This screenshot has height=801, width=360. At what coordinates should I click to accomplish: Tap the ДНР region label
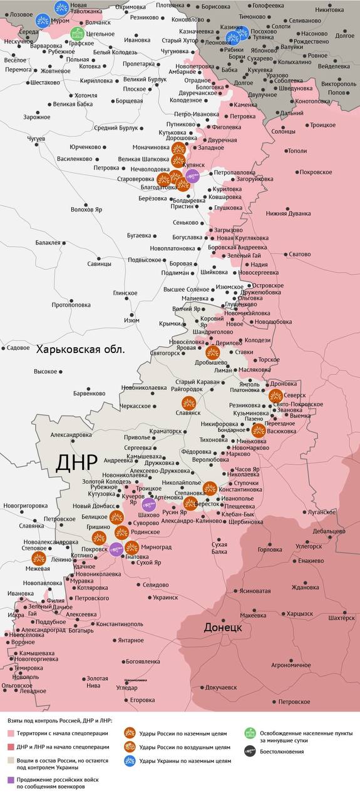point(76,462)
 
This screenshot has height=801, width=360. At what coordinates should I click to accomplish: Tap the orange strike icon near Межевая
point(39,558)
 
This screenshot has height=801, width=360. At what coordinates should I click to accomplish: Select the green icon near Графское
point(76,33)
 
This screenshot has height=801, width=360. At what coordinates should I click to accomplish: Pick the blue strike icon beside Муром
point(43,20)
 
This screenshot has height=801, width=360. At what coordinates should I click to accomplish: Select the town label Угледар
point(126,688)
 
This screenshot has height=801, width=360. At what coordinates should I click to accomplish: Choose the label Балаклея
point(48,242)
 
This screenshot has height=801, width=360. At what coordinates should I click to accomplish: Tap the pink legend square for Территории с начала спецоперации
point(11,733)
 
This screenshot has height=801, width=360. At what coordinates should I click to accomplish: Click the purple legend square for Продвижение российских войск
point(11,780)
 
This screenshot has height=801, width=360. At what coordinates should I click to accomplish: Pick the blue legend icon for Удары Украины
point(130,761)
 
